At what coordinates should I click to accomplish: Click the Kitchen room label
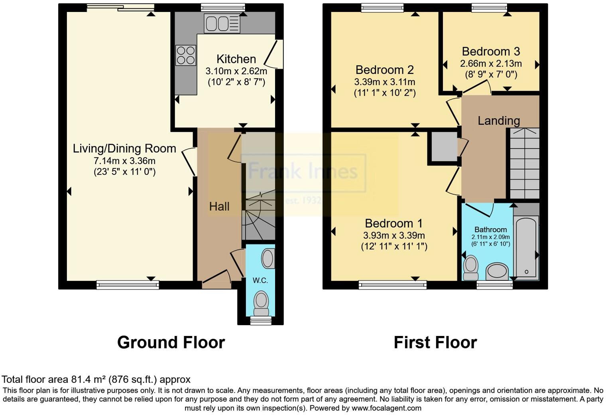point(236,59)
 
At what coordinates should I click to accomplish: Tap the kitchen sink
point(222,23)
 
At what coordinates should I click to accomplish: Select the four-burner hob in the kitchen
point(186,55)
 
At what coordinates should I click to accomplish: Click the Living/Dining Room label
point(124,148)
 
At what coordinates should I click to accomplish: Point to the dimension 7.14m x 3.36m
point(124,161)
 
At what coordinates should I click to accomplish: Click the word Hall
point(219,206)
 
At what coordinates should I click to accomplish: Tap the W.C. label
point(260,281)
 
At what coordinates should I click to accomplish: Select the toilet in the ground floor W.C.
point(262,303)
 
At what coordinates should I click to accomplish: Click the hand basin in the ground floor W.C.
point(268,259)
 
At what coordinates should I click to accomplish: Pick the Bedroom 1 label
point(394,223)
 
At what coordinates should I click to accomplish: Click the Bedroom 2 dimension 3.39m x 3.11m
point(385,82)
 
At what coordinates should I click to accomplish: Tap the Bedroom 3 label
point(491,51)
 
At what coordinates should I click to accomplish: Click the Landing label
point(499,121)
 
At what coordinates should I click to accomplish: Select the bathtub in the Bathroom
point(526,247)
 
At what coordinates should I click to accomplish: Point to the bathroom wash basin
point(497,271)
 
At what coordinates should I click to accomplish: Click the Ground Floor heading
point(171,342)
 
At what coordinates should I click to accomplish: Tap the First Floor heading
point(435,342)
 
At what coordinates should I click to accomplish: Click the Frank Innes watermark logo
point(303,172)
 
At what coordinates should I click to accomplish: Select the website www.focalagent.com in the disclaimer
point(386,408)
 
